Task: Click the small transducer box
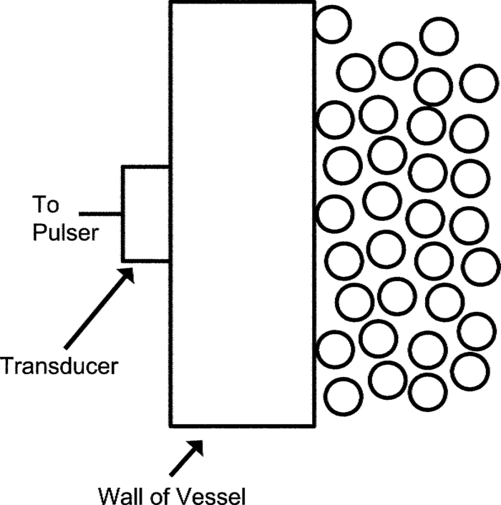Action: (x=145, y=213)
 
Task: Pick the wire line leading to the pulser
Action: (x=100, y=213)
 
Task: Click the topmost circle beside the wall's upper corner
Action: (x=332, y=23)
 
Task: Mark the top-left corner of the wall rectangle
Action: (x=170, y=1)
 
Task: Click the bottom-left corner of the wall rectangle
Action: (x=170, y=424)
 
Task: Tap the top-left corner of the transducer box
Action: (x=122, y=167)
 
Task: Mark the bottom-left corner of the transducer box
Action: (x=122, y=260)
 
